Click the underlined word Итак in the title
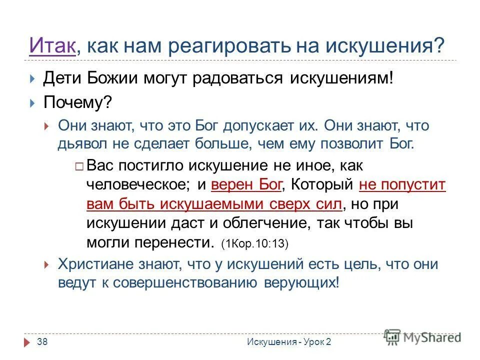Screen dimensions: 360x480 click(x=52, y=46)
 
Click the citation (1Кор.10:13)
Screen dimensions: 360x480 click(x=255, y=243)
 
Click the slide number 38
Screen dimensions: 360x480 click(x=42, y=341)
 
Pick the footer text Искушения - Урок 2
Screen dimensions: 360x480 click(x=289, y=341)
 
